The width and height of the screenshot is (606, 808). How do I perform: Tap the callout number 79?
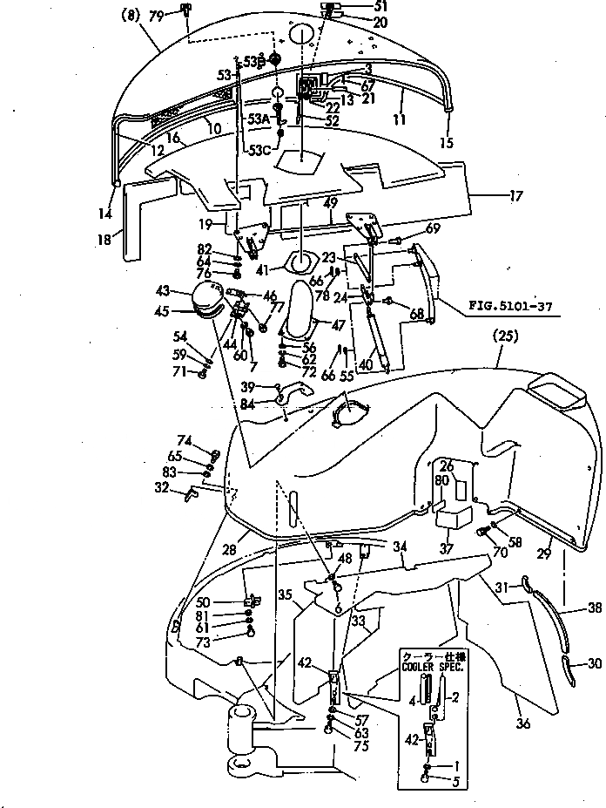[x=156, y=16]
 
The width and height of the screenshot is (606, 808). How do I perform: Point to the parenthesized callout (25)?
[x=506, y=335]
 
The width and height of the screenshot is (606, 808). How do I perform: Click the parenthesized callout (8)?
[x=130, y=15]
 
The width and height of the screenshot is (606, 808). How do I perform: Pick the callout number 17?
[x=516, y=197]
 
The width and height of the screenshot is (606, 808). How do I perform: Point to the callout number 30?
[x=595, y=664]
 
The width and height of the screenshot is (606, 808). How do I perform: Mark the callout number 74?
[x=184, y=440]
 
